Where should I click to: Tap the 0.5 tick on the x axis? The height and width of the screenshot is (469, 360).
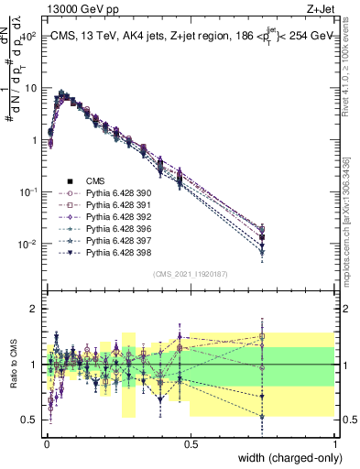point(191,443)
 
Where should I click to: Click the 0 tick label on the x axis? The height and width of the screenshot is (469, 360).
point(46,443)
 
